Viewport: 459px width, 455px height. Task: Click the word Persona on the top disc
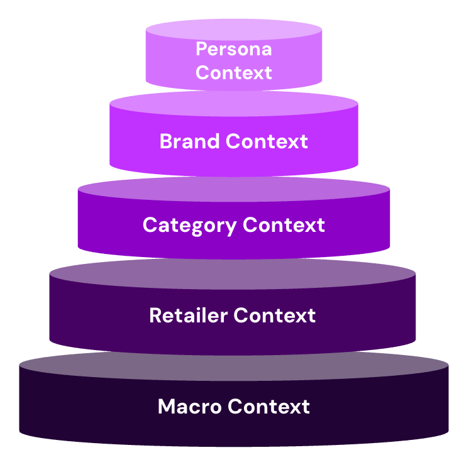pos(233,49)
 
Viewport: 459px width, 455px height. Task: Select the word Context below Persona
pos(233,72)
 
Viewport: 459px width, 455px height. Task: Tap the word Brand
pos(190,141)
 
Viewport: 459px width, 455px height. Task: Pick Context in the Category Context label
pos(284,225)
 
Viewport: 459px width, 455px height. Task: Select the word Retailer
pos(187,315)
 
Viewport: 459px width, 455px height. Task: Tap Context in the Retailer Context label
pos(274,315)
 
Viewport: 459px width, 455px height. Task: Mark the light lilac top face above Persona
pos(233,29)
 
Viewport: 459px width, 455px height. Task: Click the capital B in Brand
pos(166,141)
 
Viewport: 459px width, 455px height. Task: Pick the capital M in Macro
pos(167,407)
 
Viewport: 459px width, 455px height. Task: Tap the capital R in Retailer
pos(155,315)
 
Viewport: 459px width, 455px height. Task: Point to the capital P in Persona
pos(202,49)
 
